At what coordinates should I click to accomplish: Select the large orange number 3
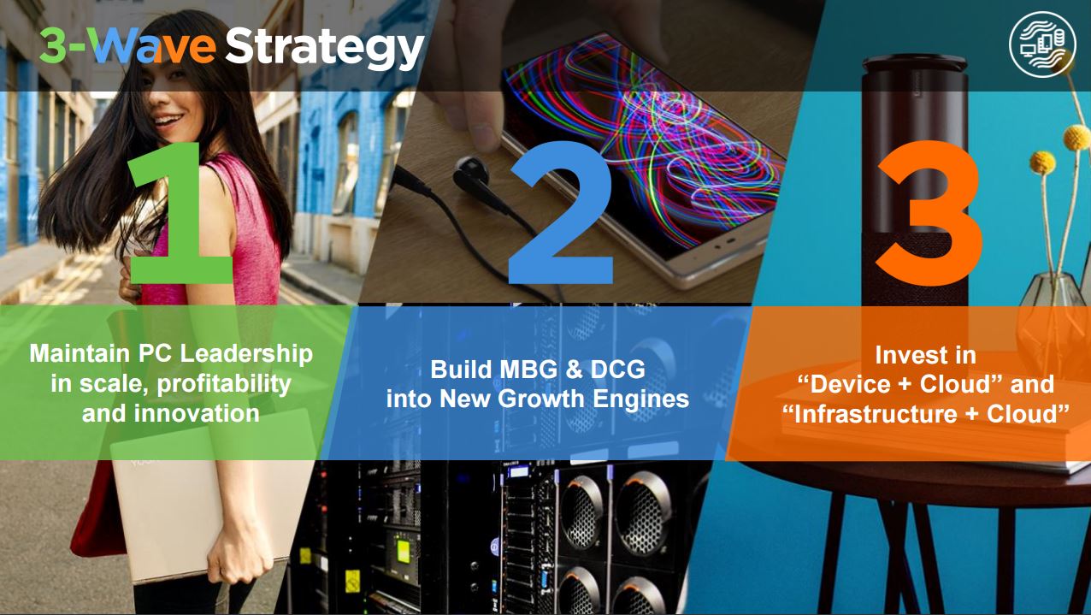[929, 214]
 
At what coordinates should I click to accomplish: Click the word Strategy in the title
[324, 48]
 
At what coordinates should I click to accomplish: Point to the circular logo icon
[1042, 44]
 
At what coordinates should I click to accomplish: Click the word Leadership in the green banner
[246, 353]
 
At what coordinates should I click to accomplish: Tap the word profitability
[224, 385]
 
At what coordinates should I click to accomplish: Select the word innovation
[197, 414]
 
